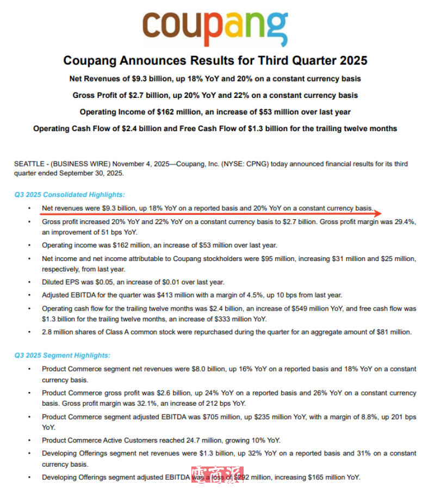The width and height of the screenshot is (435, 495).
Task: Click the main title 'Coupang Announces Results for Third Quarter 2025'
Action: (x=215, y=60)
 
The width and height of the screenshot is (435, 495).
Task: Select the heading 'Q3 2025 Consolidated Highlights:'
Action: (x=70, y=194)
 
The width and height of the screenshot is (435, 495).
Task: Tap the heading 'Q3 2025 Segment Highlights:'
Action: (x=62, y=355)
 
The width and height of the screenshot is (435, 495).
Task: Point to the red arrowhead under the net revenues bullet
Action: (x=379, y=213)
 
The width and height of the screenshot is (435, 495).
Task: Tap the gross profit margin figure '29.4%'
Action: (x=406, y=222)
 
